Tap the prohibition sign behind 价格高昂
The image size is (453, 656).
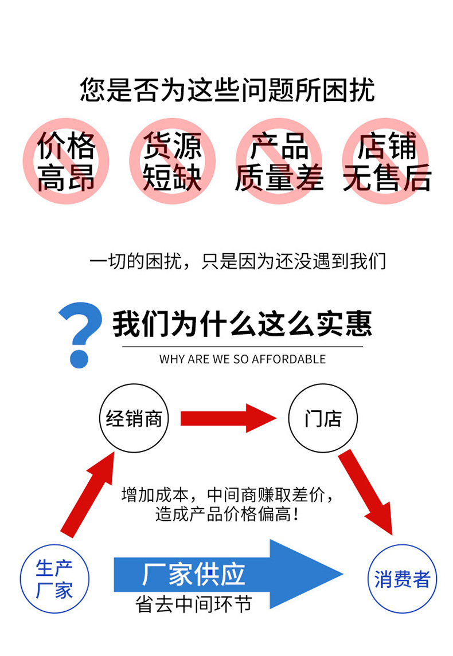pyautogui.click(x=66, y=161)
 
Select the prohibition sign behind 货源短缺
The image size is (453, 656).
pyautogui.click(x=172, y=161)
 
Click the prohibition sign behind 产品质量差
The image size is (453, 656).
pyautogui.click(x=279, y=161)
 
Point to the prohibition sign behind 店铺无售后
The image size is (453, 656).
pyautogui.click(x=386, y=161)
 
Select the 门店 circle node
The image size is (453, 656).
pyautogui.click(x=323, y=418)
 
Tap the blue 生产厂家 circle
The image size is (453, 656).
pyautogui.click(x=54, y=579)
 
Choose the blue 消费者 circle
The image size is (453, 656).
pyautogui.click(x=402, y=579)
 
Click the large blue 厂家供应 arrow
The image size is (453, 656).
pyautogui.click(x=229, y=573)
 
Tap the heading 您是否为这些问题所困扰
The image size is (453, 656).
pyautogui.click(x=227, y=91)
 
